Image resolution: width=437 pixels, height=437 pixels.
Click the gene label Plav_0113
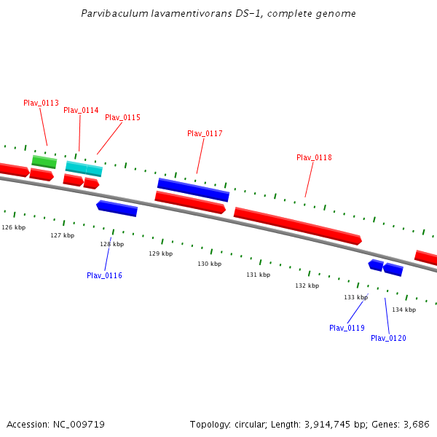(41, 103)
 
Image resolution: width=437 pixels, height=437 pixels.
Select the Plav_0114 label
(81, 110)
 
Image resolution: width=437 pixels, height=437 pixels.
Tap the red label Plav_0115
(122, 117)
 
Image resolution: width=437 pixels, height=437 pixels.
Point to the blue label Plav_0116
(104, 275)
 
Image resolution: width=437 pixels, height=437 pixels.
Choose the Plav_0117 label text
(205, 133)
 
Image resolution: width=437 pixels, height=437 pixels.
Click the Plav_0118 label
(314, 157)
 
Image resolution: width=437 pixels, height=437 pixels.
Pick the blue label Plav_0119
(347, 328)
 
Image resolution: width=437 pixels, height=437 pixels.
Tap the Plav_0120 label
(388, 338)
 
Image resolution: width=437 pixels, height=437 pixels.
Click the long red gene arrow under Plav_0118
(297, 226)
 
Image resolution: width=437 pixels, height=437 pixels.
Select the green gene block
(44, 162)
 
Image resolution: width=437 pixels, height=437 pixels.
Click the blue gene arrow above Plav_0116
(117, 209)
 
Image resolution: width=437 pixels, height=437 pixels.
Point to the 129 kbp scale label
(160, 253)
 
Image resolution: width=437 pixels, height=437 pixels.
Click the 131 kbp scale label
(258, 275)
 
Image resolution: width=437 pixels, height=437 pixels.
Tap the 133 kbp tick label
(355, 297)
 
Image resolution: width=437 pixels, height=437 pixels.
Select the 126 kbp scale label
(13, 227)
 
